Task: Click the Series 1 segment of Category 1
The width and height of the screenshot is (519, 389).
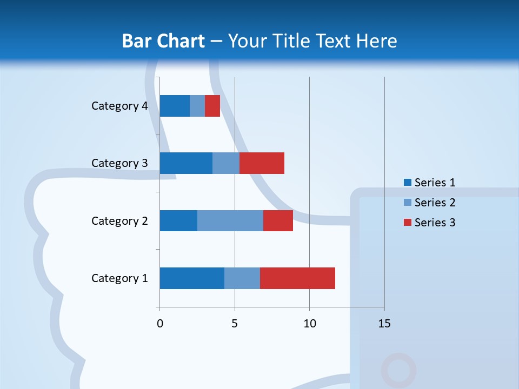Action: click(x=192, y=278)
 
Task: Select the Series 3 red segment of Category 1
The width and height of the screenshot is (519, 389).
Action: click(x=297, y=278)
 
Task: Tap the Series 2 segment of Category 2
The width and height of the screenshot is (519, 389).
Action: click(x=230, y=220)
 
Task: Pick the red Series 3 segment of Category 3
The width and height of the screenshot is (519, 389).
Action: click(x=262, y=163)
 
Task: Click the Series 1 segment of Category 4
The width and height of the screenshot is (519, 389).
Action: click(x=175, y=106)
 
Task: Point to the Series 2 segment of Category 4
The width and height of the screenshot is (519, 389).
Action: click(x=197, y=106)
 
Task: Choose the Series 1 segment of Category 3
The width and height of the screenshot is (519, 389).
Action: click(x=186, y=163)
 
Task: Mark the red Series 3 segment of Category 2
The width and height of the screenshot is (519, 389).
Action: click(x=278, y=220)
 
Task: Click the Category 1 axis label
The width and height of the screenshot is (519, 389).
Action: click(x=119, y=278)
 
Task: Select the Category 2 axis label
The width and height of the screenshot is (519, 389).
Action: click(x=119, y=221)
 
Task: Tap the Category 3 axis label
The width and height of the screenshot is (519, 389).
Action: click(x=119, y=163)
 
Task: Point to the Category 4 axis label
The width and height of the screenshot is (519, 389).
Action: click(x=119, y=106)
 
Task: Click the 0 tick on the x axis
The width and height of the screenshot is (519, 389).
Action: click(x=160, y=324)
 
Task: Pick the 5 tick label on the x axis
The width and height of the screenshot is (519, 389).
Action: click(x=235, y=324)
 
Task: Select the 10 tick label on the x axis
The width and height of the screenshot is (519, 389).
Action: click(x=309, y=324)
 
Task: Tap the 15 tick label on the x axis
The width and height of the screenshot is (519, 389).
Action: click(x=384, y=324)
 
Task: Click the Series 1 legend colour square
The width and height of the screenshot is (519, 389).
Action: click(x=407, y=183)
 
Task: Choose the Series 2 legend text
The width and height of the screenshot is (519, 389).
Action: click(x=435, y=203)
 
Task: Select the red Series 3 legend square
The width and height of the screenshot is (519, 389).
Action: click(x=407, y=223)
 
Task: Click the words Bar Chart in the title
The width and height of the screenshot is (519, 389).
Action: click(x=163, y=41)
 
